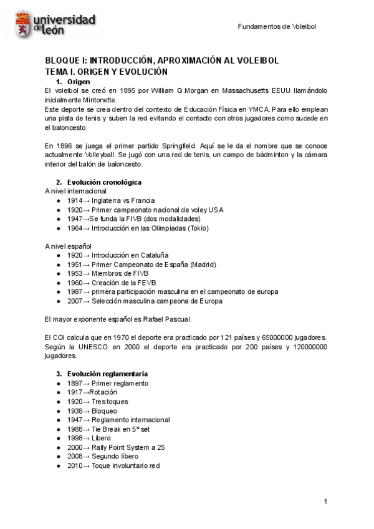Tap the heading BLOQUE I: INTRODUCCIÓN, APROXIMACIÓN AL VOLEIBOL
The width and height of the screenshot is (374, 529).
point(161,61)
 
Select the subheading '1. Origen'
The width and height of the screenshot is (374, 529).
point(73,82)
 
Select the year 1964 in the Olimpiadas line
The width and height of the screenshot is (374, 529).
point(75,228)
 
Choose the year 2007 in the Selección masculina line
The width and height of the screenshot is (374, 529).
point(75,301)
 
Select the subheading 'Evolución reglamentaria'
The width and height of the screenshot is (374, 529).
point(107,374)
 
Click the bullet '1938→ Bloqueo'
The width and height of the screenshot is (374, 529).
point(92,411)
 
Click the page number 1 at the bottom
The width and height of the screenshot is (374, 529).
point(325,502)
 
